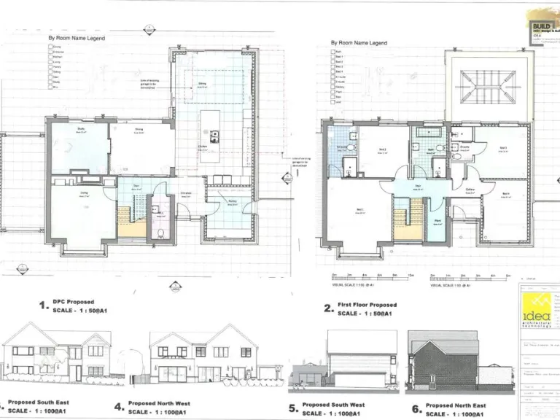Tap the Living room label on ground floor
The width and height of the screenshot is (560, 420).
click(84, 192)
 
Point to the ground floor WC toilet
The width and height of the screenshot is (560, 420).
click(160, 233)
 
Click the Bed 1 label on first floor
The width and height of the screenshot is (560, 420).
click(359, 209)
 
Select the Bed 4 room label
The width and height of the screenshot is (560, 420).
click(505, 193)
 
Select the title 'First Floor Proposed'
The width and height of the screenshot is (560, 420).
click(367, 305)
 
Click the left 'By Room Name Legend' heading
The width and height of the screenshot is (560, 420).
click(77, 37)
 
